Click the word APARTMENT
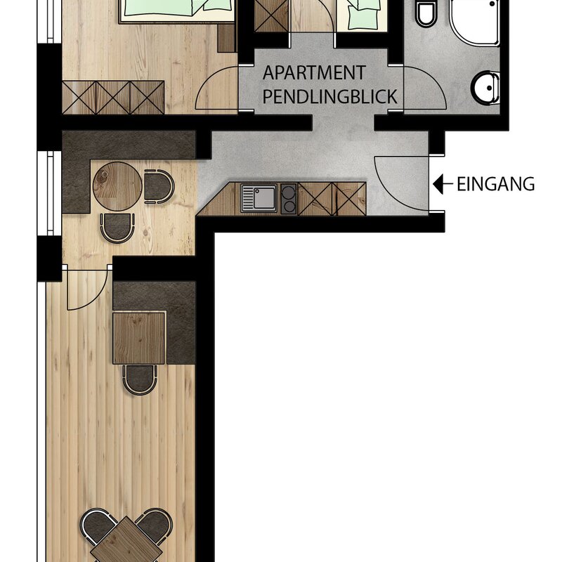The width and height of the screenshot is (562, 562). click(314, 73)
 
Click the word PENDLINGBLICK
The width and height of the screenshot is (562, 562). click(329, 96)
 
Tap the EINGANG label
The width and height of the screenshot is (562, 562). click(496, 184)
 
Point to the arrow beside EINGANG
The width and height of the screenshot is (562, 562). click(443, 184)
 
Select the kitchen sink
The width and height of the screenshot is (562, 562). click(259, 198)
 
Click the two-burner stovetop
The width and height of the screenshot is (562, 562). click(289, 199)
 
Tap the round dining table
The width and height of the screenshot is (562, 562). click(117, 186)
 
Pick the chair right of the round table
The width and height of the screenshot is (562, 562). click(159, 187)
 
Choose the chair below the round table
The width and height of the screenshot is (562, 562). click(117, 228)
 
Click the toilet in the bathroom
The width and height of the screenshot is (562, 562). click(426, 13)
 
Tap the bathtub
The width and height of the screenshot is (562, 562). click(475, 22)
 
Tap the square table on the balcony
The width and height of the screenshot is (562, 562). click(139, 338)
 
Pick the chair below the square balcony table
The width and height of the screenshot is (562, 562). click(140, 380)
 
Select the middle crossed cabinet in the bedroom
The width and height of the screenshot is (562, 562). click(113, 98)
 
